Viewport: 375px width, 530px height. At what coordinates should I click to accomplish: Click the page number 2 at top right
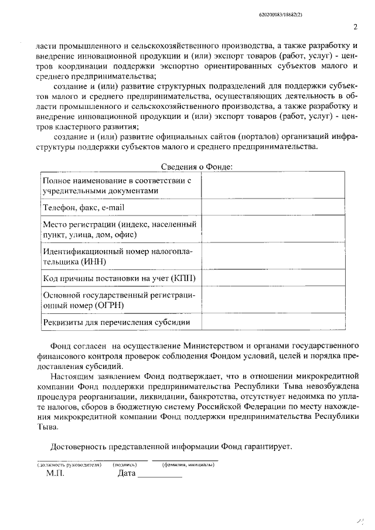355,26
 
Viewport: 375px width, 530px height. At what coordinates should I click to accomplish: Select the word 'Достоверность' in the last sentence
78,446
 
